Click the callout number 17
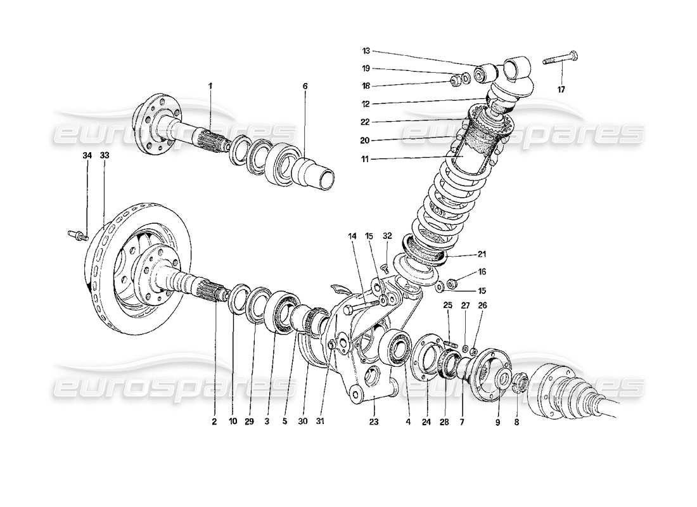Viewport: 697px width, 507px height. pyautogui.click(x=561, y=89)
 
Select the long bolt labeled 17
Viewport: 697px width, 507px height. pyautogui.click(x=561, y=61)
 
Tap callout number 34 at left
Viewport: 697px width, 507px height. pyautogui.click(x=86, y=155)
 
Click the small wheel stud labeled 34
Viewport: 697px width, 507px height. pyautogui.click(x=75, y=235)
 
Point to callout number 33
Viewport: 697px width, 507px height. pyautogui.click(x=104, y=155)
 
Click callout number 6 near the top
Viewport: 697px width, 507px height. pyautogui.click(x=305, y=85)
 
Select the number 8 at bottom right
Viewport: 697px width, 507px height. pyautogui.click(x=516, y=421)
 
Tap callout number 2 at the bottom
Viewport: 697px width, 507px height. pyautogui.click(x=214, y=421)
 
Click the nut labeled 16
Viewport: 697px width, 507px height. pyautogui.click(x=453, y=282)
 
